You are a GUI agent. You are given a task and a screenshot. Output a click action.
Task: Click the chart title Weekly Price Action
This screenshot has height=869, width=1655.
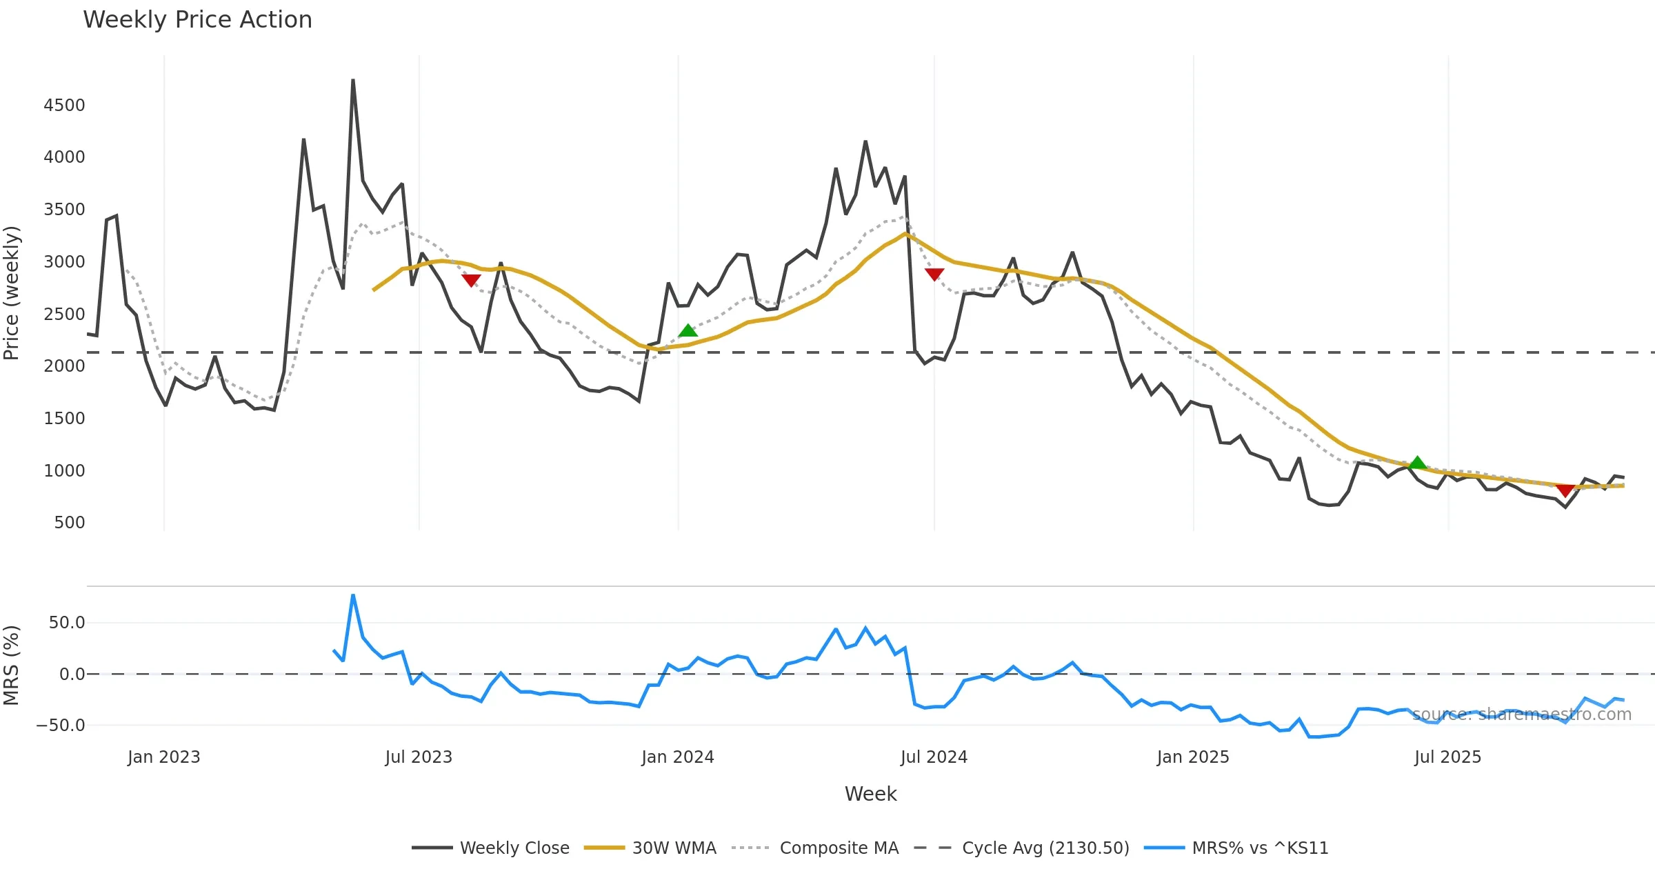tap(197, 20)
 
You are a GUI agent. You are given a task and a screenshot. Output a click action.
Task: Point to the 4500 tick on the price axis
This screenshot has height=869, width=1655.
tap(64, 106)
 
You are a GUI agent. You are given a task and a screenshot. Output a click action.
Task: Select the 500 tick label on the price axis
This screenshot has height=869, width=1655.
tap(70, 523)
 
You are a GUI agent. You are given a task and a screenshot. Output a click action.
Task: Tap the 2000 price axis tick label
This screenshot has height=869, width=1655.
tap(64, 366)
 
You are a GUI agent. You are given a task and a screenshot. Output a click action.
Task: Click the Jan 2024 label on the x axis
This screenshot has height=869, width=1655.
tap(677, 757)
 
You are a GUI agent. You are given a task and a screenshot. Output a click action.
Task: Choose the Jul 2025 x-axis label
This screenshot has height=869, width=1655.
tap(1447, 757)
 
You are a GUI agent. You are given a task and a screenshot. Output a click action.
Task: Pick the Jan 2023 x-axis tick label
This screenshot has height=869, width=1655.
tap(163, 757)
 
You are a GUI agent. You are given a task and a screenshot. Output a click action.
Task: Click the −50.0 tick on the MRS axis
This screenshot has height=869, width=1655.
tap(61, 726)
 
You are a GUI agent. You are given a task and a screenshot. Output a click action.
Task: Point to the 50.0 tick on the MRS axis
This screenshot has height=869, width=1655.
tap(66, 623)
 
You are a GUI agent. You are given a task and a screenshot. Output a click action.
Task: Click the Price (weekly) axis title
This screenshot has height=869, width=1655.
tap(12, 293)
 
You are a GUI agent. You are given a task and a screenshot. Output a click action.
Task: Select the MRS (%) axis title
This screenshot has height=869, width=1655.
tap(12, 666)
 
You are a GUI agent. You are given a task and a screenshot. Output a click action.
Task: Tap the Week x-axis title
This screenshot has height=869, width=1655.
tap(870, 795)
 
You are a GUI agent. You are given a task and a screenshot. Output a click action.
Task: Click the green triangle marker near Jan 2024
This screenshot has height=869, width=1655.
tap(688, 331)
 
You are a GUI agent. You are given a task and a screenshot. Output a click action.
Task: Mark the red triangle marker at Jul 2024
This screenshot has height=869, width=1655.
tap(934, 274)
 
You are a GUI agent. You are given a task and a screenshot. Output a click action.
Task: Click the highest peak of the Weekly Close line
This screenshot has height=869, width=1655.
tap(353, 80)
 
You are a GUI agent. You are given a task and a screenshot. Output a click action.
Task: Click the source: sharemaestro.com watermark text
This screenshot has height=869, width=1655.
tap(1522, 715)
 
